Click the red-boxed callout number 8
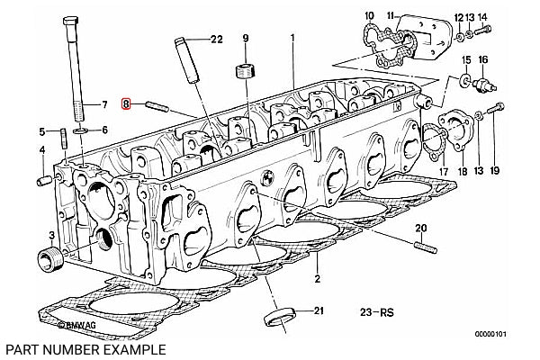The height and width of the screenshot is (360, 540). pyautogui.click(x=126, y=103)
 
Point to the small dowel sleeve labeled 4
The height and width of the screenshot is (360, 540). pyautogui.click(x=44, y=181)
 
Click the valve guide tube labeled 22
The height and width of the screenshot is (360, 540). pyautogui.click(x=188, y=60)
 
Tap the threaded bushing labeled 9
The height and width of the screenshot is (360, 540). pyautogui.click(x=245, y=70)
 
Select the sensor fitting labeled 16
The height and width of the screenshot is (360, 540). pyautogui.click(x=484, y=85)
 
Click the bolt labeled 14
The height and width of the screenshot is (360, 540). pyautogui.click(x=483, y=31)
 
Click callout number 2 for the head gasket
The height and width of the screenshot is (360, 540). pyautogui.click(x=317, y=278)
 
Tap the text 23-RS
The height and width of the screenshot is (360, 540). pyautogui.click(x=377, y=312)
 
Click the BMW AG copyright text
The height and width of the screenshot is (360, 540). pyautogui.click(x=77, y=325)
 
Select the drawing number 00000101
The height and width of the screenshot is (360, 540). pyautogui.click(x=490, y=334)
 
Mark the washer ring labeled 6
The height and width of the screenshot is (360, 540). pyautogui.click(x=81, y=130)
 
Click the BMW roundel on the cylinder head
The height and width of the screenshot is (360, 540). pyautogui.click(x=266, y=177)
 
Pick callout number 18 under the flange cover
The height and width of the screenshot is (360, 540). pyautogui.click(x=463, y=170)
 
